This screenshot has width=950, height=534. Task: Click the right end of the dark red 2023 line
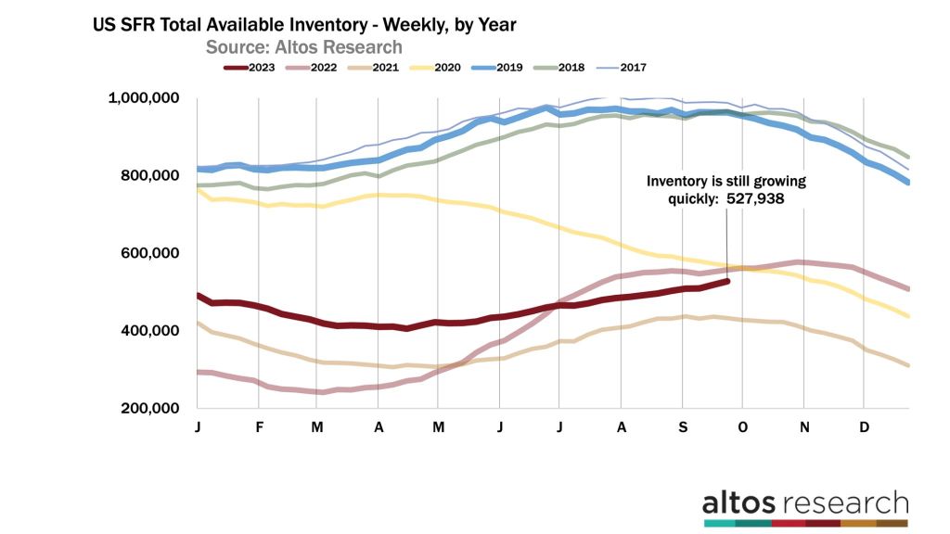pos(728,281)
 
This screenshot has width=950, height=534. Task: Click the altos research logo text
pos(804,503)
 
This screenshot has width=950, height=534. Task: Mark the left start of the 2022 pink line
pos(198,372)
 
